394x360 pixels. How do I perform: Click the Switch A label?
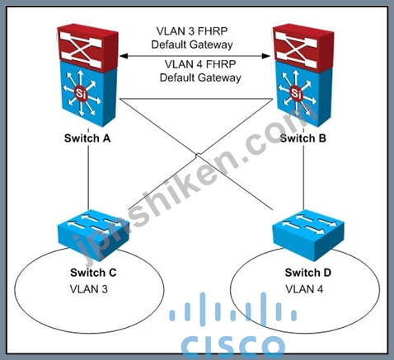point(87,138)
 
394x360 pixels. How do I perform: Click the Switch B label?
point(303,138)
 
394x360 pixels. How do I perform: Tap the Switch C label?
point(93,273)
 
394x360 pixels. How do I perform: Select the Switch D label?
point(308,273)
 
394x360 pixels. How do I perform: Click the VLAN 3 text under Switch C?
point(89,289)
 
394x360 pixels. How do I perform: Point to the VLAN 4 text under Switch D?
point(304,289)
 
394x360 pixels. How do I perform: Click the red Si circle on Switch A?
point(82,94)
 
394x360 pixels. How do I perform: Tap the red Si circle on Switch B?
point(297,94)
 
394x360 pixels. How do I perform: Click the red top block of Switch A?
point(87,47)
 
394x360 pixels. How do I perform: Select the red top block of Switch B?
point(303,47)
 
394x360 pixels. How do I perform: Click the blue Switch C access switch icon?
point(92,235)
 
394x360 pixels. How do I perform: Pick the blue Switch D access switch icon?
point(308,235)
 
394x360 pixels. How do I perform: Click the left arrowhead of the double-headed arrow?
point(124,56)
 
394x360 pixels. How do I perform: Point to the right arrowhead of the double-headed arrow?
point(266,56)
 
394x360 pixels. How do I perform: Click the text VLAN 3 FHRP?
point(192,31)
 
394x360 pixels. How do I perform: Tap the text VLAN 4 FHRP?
point(200,64)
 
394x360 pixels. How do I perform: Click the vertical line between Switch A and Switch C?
point(88,177)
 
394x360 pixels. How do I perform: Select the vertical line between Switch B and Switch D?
point(303,177)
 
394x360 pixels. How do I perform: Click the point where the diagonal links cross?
point(196,156)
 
